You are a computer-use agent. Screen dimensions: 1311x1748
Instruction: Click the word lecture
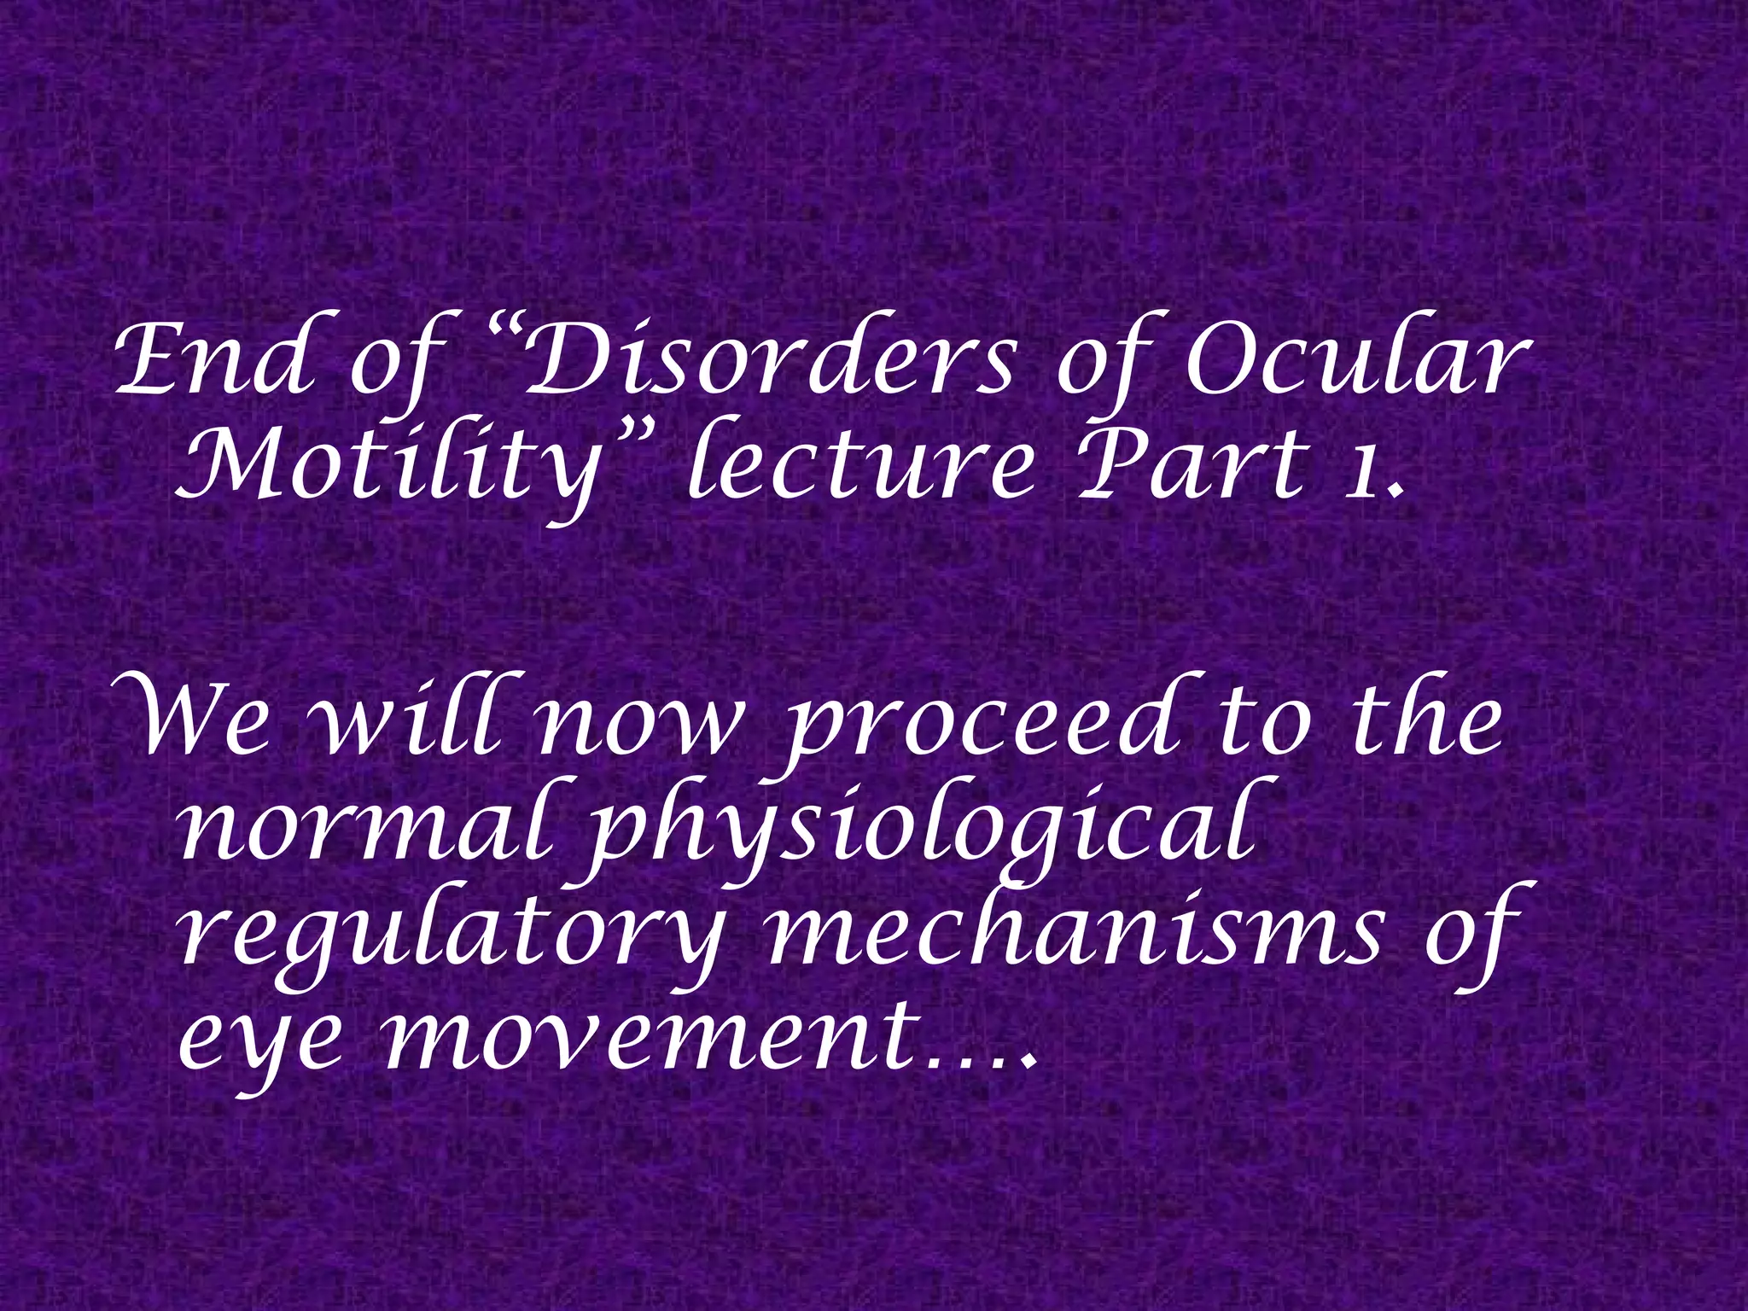(862, 465)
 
